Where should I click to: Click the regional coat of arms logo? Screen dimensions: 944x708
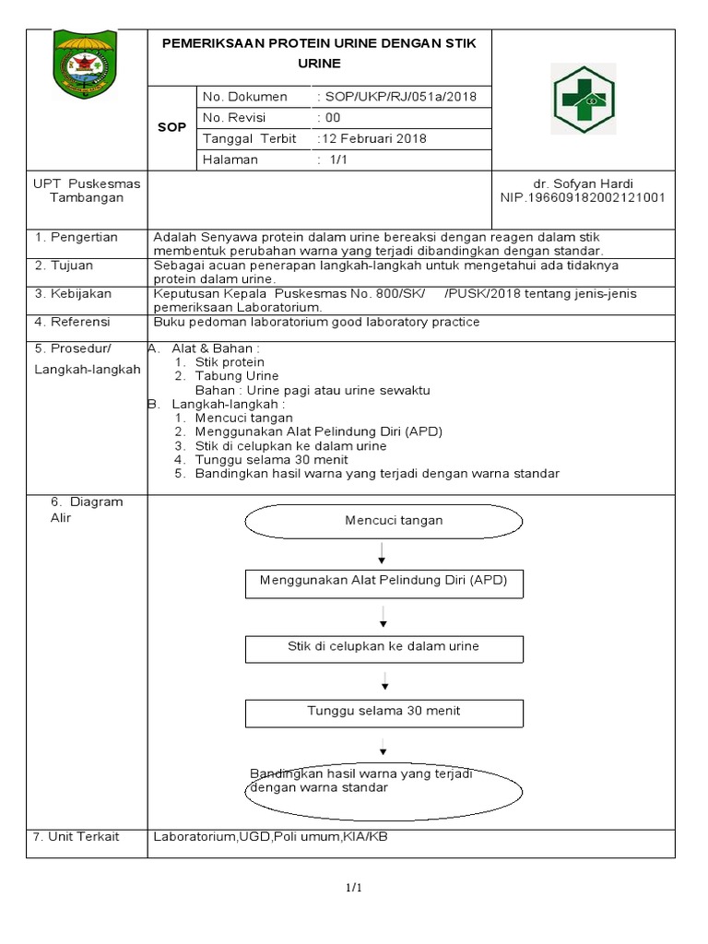pos(85,64)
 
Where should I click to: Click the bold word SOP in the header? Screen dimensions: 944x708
pos(171,127)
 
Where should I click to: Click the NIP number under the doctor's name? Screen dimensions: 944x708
pos(583,197)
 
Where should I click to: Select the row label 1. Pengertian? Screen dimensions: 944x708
pos(77,238)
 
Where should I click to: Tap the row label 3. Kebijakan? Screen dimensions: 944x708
pos(74,294)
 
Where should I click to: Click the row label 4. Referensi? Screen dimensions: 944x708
pos(73,322)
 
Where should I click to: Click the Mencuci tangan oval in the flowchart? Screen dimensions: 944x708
pos(394,521)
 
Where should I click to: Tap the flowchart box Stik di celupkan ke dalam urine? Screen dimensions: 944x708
pos(383,647)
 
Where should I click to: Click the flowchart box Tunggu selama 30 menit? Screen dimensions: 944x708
pos(383,712)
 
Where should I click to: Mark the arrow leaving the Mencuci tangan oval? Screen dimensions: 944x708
pos(382,552)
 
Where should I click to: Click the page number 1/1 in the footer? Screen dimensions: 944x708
pos(353,888)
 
